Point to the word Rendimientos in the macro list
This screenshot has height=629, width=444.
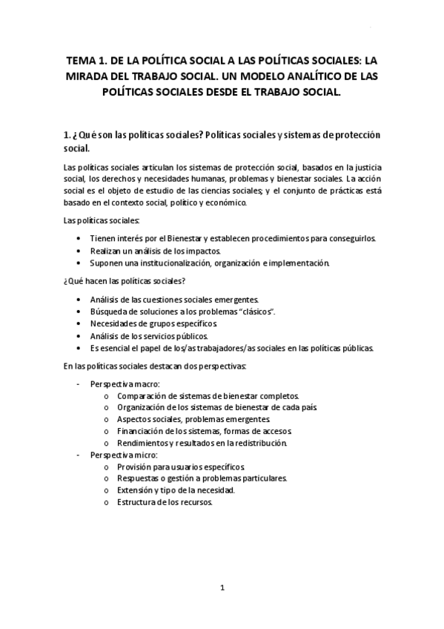tap(144, 444)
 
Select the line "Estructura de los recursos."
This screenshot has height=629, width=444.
tap(165, 503)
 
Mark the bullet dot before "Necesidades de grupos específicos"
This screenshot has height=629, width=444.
tap(79, 324)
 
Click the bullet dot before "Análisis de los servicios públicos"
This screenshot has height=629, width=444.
tap(79, 337)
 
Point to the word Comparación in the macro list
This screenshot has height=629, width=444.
tap(143, 395)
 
